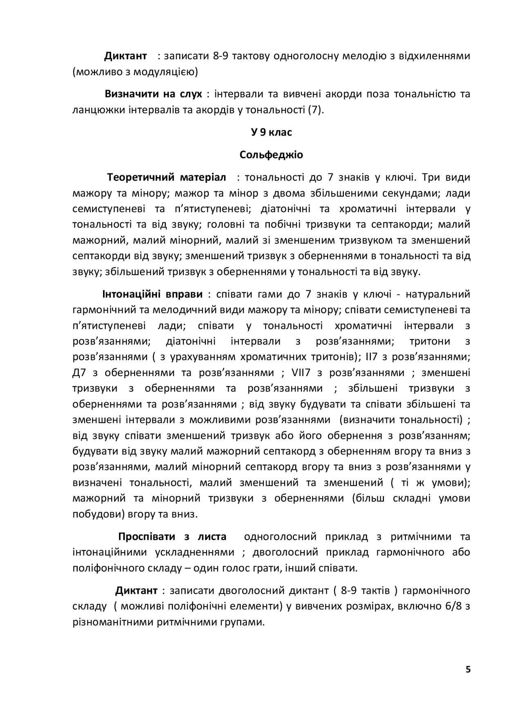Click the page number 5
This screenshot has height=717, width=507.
click(468, 670)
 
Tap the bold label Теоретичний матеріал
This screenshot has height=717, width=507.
click(166, 177)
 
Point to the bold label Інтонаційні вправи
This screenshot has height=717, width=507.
click(153, 294)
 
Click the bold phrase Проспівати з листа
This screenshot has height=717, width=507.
click(172, 537)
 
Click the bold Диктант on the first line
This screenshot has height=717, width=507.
click(125, 56)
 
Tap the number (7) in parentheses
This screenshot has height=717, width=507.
click(314, 110)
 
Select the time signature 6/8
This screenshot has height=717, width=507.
click(452, 606)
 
